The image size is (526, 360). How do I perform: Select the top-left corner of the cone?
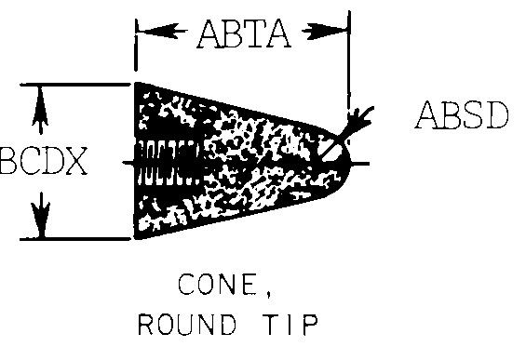[x=138, y=86]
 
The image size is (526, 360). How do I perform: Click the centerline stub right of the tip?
[x=363, y=163]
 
